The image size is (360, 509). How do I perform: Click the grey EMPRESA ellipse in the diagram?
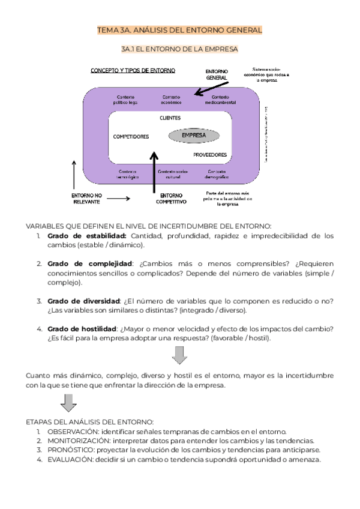click(x=194, y=136)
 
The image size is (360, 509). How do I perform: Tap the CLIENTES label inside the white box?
click(x=170, y=118)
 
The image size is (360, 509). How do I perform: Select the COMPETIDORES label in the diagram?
click(x=131, y=137)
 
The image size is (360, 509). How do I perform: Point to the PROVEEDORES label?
click(x=210, y=155)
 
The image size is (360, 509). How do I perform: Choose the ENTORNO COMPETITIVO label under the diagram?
click(x=172, y=199)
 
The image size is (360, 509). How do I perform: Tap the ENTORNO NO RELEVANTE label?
click(x=87, y=199)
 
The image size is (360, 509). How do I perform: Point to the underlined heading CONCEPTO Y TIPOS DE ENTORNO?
click(x=133, y=70)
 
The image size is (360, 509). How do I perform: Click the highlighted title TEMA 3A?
click(x=179, y=30)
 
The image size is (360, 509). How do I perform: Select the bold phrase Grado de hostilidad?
click(x=82, y=329)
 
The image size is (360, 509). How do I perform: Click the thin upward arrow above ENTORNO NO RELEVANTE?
click(x=74, y=174)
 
